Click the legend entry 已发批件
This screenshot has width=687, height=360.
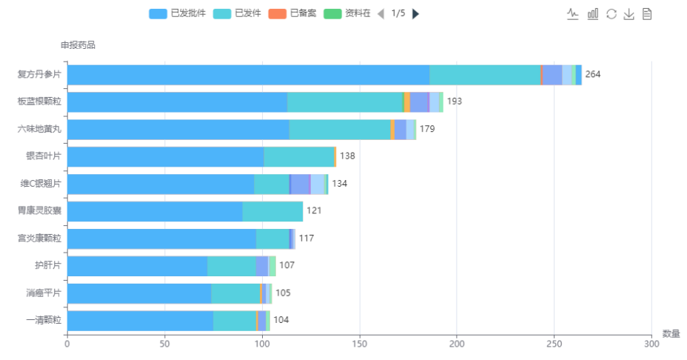click(177, 13)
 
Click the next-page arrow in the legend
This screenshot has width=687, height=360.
click(415, 13)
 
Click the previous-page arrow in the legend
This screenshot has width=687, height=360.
click(381, 13)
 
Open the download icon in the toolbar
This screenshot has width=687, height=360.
click(629, 14)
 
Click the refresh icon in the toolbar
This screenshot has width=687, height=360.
click(611, 14)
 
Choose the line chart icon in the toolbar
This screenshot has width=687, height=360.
click(573, 14)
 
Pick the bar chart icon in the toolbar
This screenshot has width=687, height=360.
click(592, 14)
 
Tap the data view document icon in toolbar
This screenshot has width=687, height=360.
click(647, 14)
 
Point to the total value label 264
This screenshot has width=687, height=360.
click(593, 74)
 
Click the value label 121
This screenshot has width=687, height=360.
click(315, 211)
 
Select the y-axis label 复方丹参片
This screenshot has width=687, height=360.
click(39, 74)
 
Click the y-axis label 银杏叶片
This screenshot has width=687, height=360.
click(44, 156)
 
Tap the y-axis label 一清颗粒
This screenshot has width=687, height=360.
click(44, 321)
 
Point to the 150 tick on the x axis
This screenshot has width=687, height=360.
click(359, 344)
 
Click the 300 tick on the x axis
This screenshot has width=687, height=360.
click(651, 344)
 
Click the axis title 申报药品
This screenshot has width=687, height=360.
click(78, 45)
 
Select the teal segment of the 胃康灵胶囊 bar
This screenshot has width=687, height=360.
click(272, 211)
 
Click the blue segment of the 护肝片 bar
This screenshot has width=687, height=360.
click(137, 266)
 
